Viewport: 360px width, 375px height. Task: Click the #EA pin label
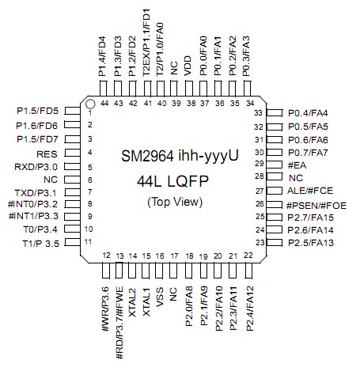click(297, 165)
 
